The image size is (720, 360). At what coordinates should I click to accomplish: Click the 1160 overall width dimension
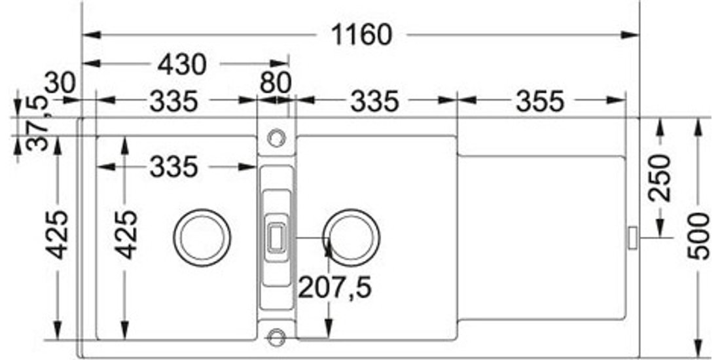pyautogui.click(x=362, y=35)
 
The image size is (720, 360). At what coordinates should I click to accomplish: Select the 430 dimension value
pyautogui.click(x=183, y=65)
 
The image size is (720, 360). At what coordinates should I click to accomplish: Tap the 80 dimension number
pyautogui.click(x=276, y=84)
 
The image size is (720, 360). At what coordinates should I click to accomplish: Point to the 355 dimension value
pyautogui.click(x=539, y=101)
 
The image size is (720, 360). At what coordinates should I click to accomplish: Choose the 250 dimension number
pyautogui.click(x=659, y=178)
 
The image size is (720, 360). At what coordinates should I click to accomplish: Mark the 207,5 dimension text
pyautogui.click(x=334, y=289)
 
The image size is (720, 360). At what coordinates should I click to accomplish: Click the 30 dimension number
pyautogui.click(x=60, y=84)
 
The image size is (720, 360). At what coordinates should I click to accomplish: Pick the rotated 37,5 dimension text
pyautogui.click(x=37, y=119)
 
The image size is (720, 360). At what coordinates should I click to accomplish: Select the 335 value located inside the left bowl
pyautogui.click(x=174, y=167)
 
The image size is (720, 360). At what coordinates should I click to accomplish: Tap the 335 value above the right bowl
pyautogui.click(x=374, y=101)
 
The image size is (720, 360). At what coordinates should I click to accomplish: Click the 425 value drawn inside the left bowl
pyautogui.click(x=126, y=234)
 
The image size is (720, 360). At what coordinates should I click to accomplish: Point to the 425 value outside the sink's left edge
pyautogui.click(x=57, y=234)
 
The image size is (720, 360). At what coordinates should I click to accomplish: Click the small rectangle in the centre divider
pyautogui.click(x=276, y=238)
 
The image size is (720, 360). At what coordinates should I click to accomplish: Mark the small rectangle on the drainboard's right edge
pyautogui.click(x=633, y=238)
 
